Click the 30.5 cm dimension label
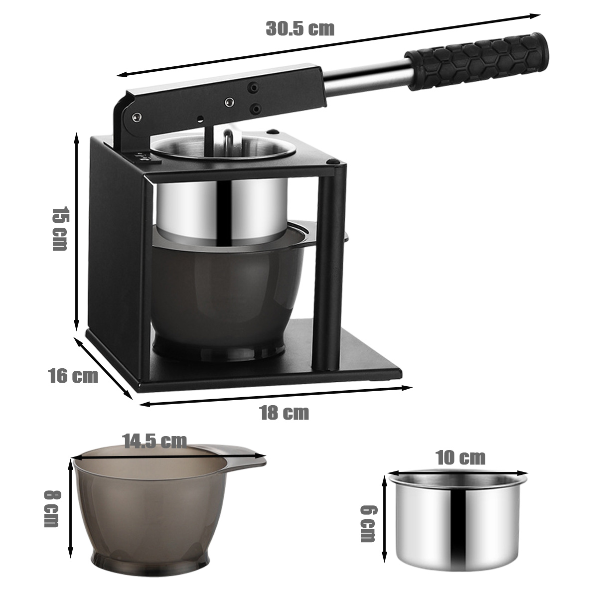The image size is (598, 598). [x=300, y=29]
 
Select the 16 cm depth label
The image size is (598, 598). [x=74, y=376]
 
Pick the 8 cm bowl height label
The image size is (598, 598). [x=51, y=508]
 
